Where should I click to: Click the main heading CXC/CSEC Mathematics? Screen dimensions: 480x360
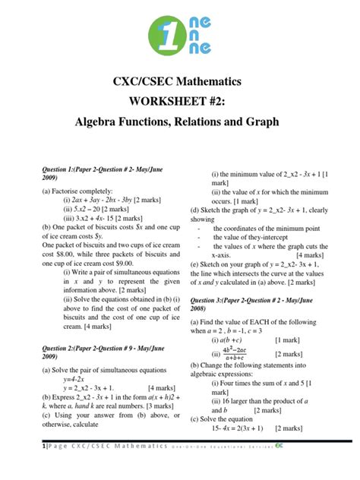(179, 80)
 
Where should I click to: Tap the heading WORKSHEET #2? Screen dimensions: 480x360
(179, 100)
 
